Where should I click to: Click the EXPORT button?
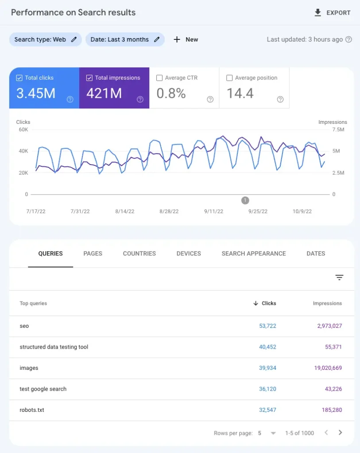[332, 13]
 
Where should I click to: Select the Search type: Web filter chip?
[45, 39]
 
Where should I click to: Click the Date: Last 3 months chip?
[124, 39]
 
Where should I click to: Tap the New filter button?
[186, 39]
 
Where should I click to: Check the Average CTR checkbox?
[160, 78]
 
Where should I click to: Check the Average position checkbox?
[229, 78]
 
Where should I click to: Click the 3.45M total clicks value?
[36, 93]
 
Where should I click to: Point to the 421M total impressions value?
[104, 93]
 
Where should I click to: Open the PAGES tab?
[93, 253]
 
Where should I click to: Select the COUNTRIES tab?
[139, 253]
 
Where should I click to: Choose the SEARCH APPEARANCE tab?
[253, 253]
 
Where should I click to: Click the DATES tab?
[316, 253]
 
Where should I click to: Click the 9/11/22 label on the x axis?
[214, 211]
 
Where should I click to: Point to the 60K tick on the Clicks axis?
[23, 130]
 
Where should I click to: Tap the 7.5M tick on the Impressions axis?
[338, 130]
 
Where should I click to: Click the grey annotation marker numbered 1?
[245, 200]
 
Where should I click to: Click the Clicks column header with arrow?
[265, 303]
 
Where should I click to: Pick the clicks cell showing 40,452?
[267, 347]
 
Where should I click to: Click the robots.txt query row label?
[32, 410]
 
